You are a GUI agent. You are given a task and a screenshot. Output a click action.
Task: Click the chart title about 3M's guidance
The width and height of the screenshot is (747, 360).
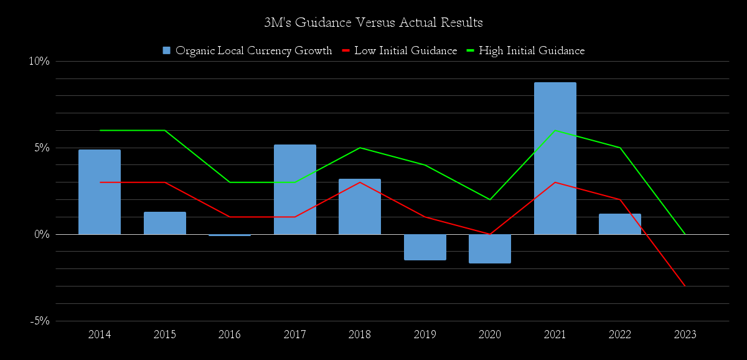(x=374, y=23)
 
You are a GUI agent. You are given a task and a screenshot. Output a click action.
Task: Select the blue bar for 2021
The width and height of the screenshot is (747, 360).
(x=555, y=159)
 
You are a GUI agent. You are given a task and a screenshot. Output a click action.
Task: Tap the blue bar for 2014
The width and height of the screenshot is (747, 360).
(x=100, y=192)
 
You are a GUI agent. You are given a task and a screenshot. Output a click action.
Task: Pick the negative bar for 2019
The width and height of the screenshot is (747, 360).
(x=425, y=247)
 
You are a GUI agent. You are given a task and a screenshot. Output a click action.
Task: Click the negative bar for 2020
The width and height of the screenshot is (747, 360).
(x=490, y=249)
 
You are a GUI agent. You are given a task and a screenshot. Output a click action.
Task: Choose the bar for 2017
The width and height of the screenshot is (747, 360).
(x=295, y=189)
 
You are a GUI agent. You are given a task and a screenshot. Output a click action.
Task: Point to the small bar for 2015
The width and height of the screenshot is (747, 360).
(x=165, y=223)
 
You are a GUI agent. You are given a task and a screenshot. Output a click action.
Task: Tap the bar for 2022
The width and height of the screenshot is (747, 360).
(x=620, y=224)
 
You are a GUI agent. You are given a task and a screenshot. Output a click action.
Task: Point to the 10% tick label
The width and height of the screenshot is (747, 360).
(x=39, y=61)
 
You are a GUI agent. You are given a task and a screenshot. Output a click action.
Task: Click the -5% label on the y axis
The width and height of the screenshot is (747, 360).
(x=39, y=321)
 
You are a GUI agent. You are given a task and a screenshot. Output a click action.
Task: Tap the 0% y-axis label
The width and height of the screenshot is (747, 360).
(x=41, y=234)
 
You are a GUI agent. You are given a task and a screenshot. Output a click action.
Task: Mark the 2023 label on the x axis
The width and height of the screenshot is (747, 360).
(x=685, y=334)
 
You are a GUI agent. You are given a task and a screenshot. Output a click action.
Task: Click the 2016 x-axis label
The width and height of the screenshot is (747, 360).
(x=230, y=334)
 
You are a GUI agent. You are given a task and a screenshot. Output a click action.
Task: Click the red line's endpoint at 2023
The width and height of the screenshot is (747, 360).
(x=685, y=286)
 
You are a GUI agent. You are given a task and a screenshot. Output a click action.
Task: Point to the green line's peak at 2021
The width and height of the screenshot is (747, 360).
(x=555, y=130)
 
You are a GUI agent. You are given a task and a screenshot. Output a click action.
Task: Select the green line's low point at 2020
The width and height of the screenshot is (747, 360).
(x=490, y=199)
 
